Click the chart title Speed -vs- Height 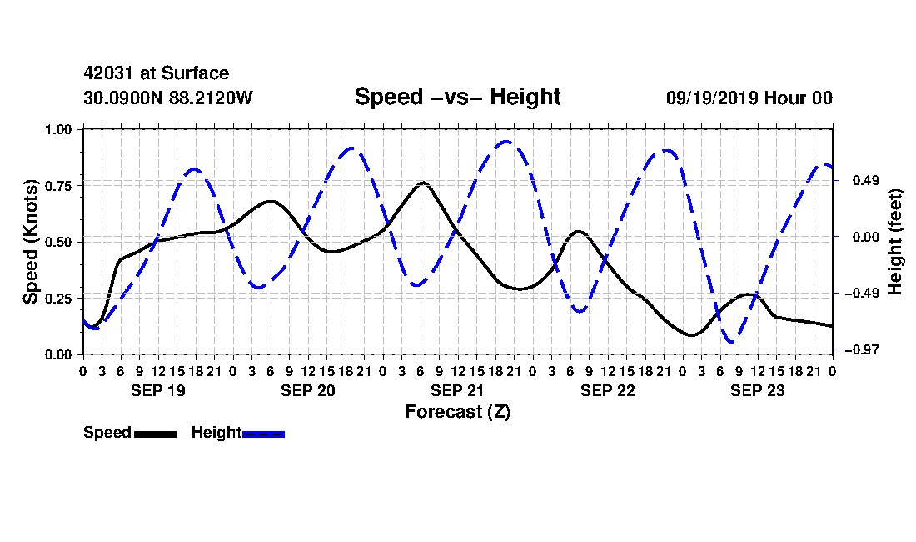pyautogui.click(x=457, y=97)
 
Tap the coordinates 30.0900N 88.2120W pyautogui.click(x=168, y=98)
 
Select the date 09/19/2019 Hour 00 pyautogui.click(x=749, y=98)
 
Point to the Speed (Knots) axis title pyautogui.click(x=30, y=242)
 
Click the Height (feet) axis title pyautogui.click(x=894, y=242)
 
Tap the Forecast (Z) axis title pyautogui.click(x=458, y=412)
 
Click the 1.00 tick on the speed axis pyautogui.click(x=58, y=129)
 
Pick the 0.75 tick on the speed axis pyautogui.click(x=58, y=186)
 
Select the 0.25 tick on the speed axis pyautogui.click(x=58, y=299)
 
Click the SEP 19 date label pyautogui.click(x=157, y=390)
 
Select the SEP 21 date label pyautogui.click(x=457, y=390)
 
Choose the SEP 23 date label pyautogui.click(x=757, y=390)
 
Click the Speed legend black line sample pyautogui.click(x=156, y=434)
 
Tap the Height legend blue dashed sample pyautogui.click(x=263, y=434)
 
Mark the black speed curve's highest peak pyautogui.click(x=423, y=183)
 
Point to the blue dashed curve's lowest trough pyautogui.click(x=731, y=341)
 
